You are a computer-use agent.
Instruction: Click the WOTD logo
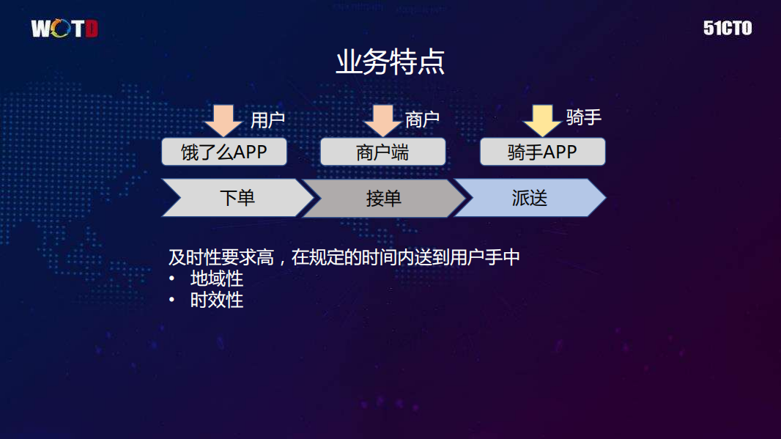click(x=64, y=29)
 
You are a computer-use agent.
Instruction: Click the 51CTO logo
click(x=728, y=29)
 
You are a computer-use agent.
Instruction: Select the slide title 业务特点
click(x=390, y=63)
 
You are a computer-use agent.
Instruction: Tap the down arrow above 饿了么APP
click(x=223, y=119)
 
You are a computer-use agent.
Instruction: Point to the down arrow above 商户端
click(x=382, y=119)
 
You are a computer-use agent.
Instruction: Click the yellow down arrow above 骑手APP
click(x=542, y=119)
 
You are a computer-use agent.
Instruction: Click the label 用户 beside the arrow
click(x=267, y=120)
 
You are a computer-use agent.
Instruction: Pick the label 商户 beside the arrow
click(x=422, y=120)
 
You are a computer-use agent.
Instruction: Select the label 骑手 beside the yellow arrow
click(x=583, y=117)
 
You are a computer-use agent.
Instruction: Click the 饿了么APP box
click(x=224, y=152)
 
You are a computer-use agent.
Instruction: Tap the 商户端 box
click(x=382, y=152)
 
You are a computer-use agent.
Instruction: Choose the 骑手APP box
click(x=542, y=152)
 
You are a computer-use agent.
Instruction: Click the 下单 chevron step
click(x=236, y=198)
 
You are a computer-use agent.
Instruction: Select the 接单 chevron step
click(x=382, y=198)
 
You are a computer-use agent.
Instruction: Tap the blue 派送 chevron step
click(x=529, y=198)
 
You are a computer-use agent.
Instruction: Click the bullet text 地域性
click(x=217, y=279)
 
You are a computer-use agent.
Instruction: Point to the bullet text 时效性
click(x=217, y=300)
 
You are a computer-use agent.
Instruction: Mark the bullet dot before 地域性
click(x=172, y=279)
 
